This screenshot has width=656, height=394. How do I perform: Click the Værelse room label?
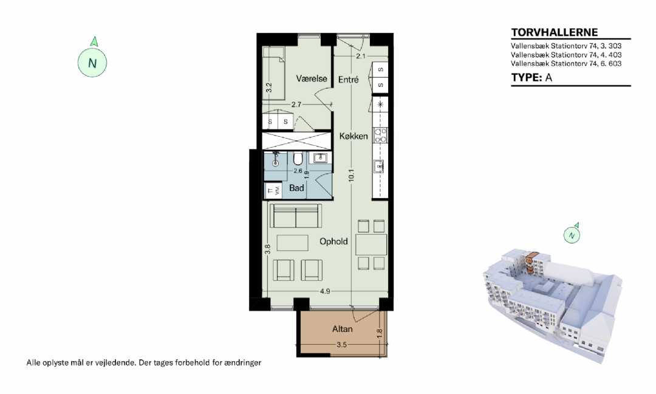pos(311,78)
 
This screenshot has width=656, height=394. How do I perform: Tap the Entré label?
pos(348,79)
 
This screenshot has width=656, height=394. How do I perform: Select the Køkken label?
pos(354,136)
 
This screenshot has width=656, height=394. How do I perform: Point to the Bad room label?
pos(296,188)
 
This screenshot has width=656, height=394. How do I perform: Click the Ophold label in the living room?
pos(333,241)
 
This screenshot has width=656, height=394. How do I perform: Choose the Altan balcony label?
pos(342,329)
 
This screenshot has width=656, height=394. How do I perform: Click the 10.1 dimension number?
pos(352,175)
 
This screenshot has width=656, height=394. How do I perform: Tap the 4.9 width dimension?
pos(325,291)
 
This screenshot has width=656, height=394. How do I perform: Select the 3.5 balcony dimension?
pos(342,345)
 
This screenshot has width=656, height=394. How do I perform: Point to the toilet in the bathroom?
pos(298,159)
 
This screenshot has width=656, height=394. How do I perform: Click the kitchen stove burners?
pos(380,136)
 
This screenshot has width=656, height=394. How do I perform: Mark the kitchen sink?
pos(379,167)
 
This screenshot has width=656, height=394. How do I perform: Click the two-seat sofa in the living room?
pos(296,216)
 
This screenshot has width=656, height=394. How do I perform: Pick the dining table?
pos(371,244)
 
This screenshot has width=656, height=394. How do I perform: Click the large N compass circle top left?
pos(92,63)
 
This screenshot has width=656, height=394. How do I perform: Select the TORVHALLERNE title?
pos(555,32)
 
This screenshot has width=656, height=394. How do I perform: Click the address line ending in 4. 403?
pos(566,55)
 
